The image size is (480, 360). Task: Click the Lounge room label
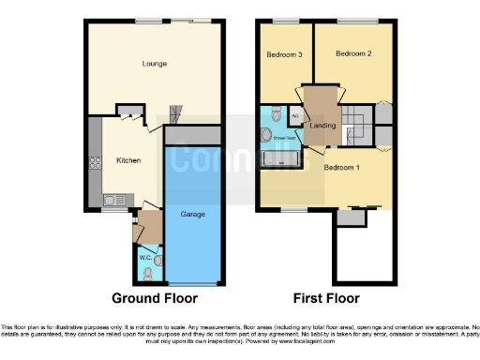tap(155, 64)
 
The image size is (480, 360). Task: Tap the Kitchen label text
tap(128, 160)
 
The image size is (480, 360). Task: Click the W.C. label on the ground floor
tap(145, 256)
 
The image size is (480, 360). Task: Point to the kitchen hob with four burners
tap(96, 162)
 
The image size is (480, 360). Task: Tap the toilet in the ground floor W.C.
tap(149, 273)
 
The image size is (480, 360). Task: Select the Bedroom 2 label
tap(354, 55)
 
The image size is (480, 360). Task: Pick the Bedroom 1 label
tap(342, 167)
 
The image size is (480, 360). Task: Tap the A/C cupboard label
tap(295, 117)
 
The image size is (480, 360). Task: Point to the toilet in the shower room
tap(275, 113)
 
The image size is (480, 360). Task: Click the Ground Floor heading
tap(155, 299)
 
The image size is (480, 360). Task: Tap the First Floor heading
tap(323, 299)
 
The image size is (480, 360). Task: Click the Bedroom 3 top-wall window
tap(279, 21)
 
